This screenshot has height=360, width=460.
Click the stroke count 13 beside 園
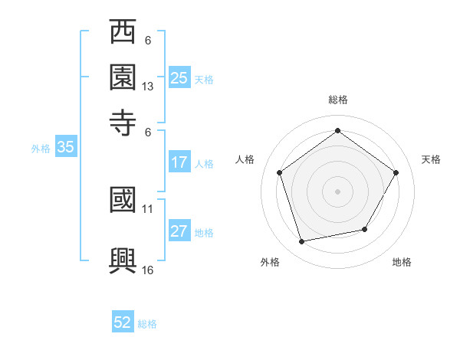coord(148,87)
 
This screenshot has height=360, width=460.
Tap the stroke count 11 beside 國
coord(148,208)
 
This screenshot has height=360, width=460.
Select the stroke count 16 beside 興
coord(148,270)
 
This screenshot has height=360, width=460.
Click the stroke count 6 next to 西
coord(148,41)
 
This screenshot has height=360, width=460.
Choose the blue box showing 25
coord(179,78)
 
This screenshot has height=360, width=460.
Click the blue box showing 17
coord(179,162)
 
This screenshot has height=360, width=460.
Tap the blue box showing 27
coord(179,232)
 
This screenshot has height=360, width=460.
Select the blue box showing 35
coord(65,148)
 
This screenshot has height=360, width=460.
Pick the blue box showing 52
coord(123,323)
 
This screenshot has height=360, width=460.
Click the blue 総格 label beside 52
coord(147,324)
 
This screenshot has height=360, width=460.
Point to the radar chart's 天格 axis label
coord(431,159)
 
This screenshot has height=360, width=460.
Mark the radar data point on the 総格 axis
coord(337,131)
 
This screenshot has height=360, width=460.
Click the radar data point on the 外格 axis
coord(302,241)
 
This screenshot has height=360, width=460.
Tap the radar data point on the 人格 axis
coord(280,173)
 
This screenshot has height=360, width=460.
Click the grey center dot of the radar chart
coord(337,191)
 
